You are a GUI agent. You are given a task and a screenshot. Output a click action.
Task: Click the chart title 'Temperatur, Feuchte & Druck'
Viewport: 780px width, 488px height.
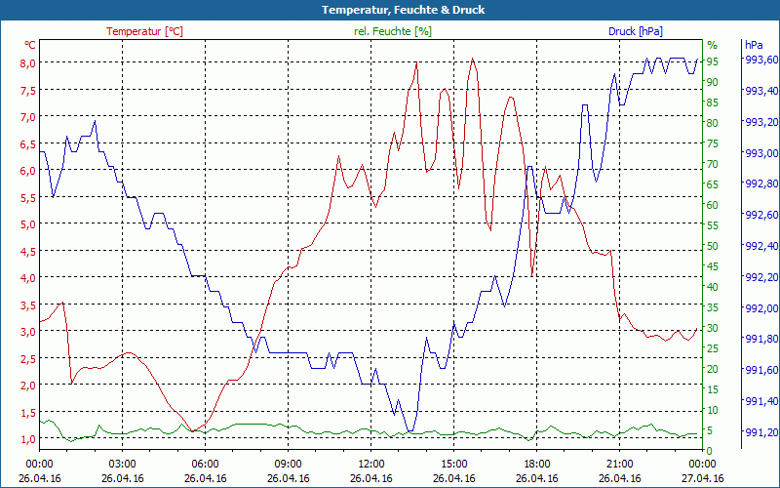(x=389, y=10)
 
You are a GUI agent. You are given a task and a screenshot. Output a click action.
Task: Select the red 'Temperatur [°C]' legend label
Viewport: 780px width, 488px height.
(x=144, y=31)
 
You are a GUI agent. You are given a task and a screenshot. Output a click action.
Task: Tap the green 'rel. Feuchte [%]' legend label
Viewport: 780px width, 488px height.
(x=393, y=31)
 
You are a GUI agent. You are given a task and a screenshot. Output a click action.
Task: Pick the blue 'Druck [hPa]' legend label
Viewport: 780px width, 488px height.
(x=635, y=31)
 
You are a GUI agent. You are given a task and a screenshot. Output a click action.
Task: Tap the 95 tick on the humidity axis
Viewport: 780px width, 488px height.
(x=713, y=61)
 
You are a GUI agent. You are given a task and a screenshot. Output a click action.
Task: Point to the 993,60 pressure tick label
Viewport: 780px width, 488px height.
(x=760, y=60)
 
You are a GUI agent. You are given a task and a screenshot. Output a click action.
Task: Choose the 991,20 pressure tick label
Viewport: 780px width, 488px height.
(x=760, y=432)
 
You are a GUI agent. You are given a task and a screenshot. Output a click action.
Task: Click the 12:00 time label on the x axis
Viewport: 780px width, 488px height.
(x=370, y=464)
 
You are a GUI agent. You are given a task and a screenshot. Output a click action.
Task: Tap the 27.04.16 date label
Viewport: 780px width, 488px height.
(x=702, y=478)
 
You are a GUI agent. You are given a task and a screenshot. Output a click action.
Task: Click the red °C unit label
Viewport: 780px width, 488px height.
(x=30, y=45)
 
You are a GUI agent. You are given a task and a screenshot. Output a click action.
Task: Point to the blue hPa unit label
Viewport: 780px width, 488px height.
(x=754, y=45)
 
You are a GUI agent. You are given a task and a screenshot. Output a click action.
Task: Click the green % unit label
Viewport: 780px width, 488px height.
(x=712, y=45)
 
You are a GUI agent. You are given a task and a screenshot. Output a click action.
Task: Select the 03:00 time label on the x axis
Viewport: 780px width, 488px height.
(x=122, y=464)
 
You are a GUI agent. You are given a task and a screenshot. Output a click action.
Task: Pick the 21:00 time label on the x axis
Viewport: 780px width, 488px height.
(x=619, y=464)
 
